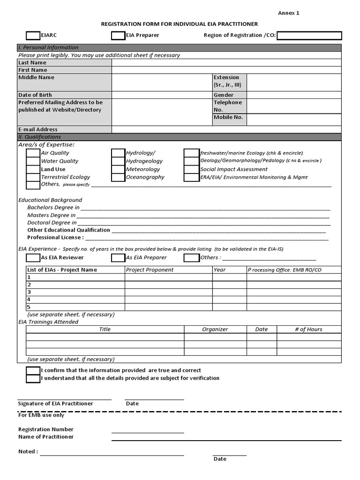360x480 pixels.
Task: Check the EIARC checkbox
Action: pos(33,36)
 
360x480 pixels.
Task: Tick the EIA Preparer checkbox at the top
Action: pos(118,36)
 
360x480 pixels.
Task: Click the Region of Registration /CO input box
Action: pos(309,36)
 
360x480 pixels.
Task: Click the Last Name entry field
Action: pos(226,63)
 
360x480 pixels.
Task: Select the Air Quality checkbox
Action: pos(33,153)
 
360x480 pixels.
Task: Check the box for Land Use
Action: pos(33,169)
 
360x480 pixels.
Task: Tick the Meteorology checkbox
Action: pos(118,169)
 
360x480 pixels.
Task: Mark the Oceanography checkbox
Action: pos(118,177)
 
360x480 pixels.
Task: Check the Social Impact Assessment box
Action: pos(191,169)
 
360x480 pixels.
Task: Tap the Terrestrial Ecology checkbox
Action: pos(33,177)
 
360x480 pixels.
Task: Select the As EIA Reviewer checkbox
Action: pos(33,258)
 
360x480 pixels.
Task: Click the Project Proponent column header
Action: pos(150,270)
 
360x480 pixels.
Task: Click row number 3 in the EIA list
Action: pos(29,292)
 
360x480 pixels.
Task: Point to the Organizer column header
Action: pos(215,330)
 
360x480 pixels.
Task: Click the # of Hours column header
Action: pos(308,330)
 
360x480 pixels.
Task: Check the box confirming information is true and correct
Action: pos(33,370)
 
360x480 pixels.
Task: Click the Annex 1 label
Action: pos(288,13)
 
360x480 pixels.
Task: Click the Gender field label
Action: pos(223,95)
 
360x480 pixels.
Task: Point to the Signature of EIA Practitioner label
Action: pos(55,404)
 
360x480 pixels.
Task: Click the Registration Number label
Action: pos(45,429)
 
